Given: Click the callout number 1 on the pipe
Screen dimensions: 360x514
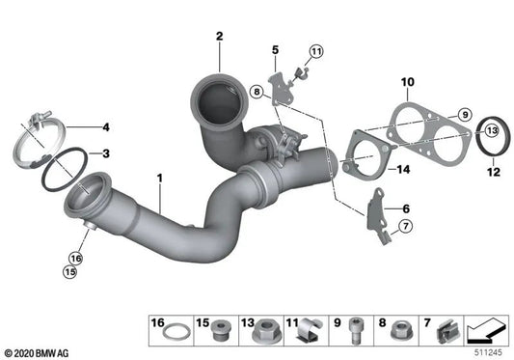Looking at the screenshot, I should click(160, 178).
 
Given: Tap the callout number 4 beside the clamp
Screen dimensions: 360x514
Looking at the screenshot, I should click(107, 127).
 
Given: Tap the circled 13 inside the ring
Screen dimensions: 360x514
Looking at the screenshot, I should click(490, 130).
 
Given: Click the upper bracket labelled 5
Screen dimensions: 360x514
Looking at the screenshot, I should click(280, 83).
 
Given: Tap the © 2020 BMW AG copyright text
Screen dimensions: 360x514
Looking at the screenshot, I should click(38, 352).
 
